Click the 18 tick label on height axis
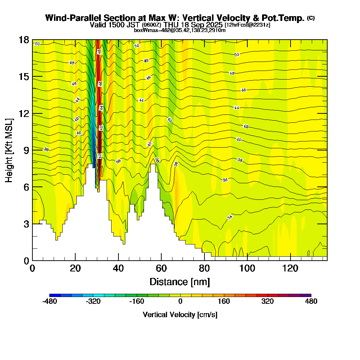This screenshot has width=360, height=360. coord(24,40)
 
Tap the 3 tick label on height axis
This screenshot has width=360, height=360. coord(26,224)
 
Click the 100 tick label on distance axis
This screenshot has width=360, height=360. coord(247,269)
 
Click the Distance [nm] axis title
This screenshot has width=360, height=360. coord(180,282)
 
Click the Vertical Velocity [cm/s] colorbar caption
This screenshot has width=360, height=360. coord(180,315)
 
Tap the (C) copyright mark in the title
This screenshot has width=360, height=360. coord(311,18)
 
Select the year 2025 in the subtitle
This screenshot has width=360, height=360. coord(213,25)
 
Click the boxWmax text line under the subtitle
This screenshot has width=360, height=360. coord(180,30)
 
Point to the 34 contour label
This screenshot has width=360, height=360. coord(230,217)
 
